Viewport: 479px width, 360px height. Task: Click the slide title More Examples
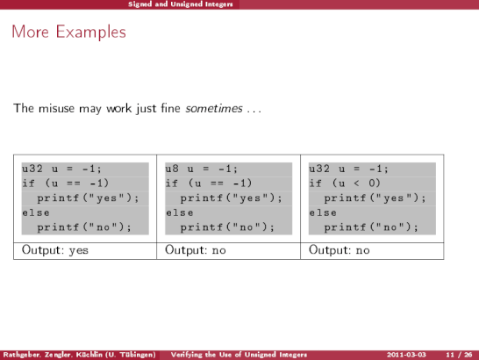pos(68,32)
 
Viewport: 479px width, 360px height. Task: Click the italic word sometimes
pos(214,108)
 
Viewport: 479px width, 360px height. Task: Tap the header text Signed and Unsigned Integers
pos(180,4)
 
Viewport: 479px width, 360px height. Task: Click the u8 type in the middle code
pos(172,169)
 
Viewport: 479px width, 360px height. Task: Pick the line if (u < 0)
pos(345,184)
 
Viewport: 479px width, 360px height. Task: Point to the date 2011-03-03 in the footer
pos(406,355)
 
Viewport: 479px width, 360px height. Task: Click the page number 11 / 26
pos(459,355)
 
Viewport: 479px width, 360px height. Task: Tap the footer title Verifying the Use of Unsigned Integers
pos(239,355)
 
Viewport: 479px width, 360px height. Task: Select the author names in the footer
pos(80,355)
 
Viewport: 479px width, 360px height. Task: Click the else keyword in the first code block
pos(36,212)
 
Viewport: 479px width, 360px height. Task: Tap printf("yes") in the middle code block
pos(232,198)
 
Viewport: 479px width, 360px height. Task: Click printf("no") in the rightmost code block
pos(371,227)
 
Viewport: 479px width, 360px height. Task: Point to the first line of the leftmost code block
pos(61,169)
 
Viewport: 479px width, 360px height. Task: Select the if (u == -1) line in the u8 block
pos(209,184)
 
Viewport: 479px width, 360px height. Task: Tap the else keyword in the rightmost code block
pos(323,212)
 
